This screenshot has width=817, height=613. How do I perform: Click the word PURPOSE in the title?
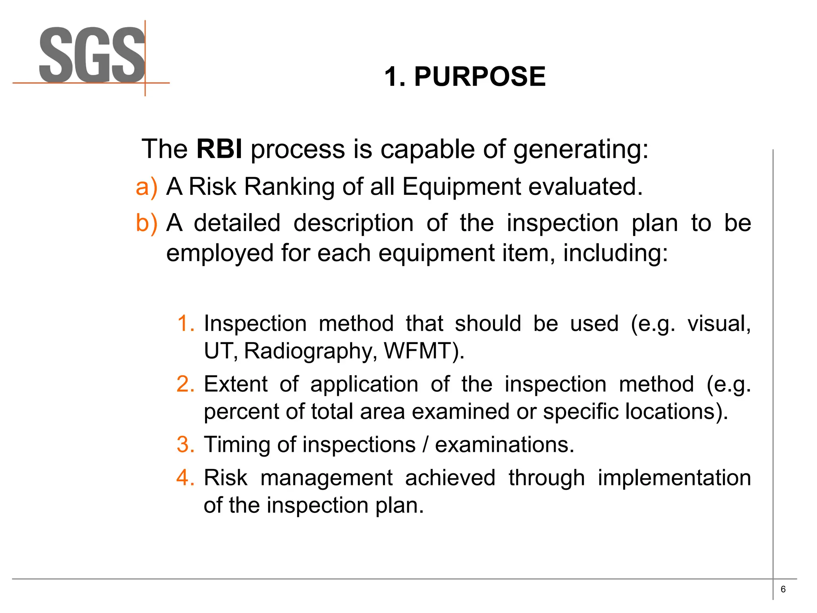tap(480, 76)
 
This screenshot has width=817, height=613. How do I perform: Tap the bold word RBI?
tap(219, 149)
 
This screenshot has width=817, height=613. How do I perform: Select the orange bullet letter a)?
tap(146, 187)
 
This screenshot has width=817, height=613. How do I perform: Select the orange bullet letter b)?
tap(146, 223)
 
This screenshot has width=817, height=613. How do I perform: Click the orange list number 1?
tap(186, 323)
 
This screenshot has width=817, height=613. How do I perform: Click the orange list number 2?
tap(186, 384)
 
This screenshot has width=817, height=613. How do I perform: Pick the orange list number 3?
tap(186, 445)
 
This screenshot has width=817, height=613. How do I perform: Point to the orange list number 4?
tap(186, 478)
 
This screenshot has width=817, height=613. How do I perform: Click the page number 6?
tap(783, 589)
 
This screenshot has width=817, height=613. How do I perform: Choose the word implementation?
tap(674, 478)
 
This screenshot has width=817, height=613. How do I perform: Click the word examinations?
tap(504, 445)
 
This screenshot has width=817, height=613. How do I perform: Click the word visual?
tap(719, 323)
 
